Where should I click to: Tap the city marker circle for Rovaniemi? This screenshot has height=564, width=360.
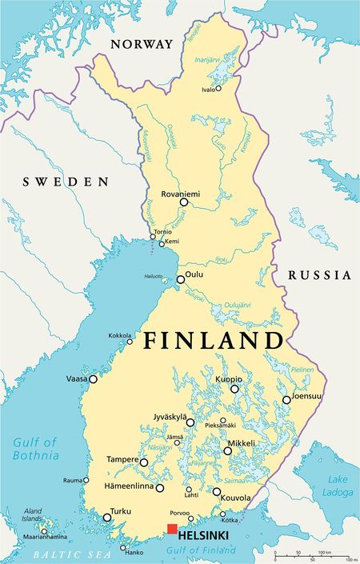coord(183,202)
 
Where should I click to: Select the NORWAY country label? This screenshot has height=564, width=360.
coord(141,43)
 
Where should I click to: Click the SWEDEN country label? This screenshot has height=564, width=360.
coord(65,182)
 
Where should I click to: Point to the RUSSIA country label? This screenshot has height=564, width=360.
coord(319,274)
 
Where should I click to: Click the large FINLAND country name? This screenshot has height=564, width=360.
coord(213,341)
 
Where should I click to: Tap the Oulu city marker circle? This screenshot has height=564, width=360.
coord(180,279)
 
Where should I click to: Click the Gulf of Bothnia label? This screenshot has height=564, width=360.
coord(35,449)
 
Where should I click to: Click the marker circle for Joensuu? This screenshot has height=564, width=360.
coord(286,399)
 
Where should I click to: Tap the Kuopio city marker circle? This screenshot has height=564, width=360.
coord(234,389)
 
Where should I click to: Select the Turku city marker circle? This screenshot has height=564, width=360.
coord(107,517)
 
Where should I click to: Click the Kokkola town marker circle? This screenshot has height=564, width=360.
coord(130,342)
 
